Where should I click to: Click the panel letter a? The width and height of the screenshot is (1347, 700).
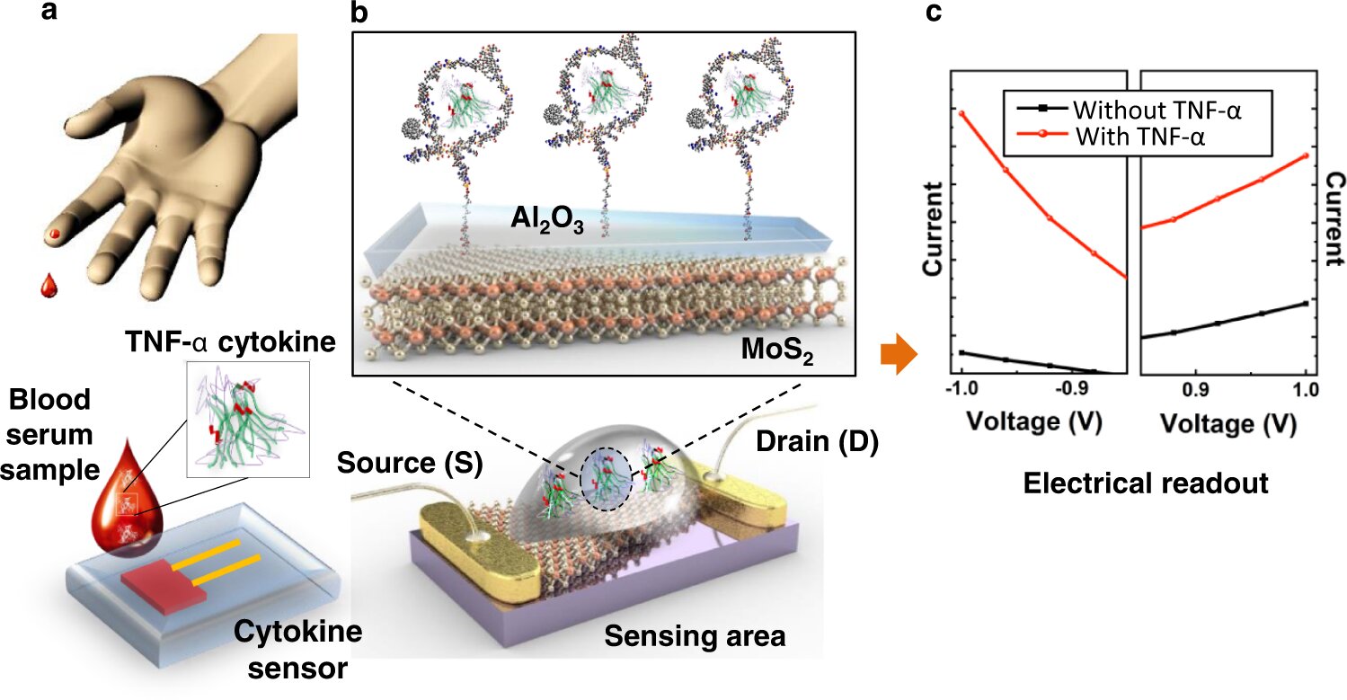click(49, 11)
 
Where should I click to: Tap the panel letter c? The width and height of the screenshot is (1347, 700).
click(934, 12)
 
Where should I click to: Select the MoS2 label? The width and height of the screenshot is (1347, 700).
click(777, 350)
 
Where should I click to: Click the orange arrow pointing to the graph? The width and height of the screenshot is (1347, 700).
click(899, 354)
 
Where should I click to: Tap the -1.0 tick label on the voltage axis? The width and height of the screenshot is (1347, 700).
click(962, 388)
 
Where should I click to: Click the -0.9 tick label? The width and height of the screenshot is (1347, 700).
click(1073, 388)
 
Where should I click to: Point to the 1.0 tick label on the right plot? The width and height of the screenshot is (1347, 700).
click(1306, 390)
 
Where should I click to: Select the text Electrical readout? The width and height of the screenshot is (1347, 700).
click(1146, 483)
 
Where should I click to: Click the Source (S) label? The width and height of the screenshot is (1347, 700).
click(410, 463)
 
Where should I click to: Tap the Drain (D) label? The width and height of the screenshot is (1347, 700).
click(817, 441)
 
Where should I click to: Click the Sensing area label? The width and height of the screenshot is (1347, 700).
click(695, 635)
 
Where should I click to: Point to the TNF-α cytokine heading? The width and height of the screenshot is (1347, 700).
click(230, 341)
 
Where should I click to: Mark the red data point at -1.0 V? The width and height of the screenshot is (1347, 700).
click(962, 113)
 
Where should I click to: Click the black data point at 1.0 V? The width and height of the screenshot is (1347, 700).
click(1306, 304)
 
